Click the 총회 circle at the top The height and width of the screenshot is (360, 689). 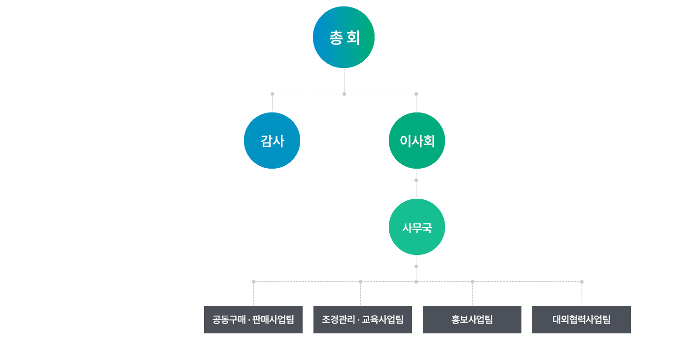[x=344, y=37]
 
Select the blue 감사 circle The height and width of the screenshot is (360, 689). [x=272, y=141]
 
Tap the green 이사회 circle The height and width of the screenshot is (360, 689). [x=416, y=141]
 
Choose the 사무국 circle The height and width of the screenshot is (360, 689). [x=416, y=227]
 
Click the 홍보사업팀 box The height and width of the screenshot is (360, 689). [x=472, y=320]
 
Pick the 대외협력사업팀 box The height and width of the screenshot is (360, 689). [x=581, y=320]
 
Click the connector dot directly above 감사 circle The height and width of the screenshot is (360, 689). [x=272, y=94]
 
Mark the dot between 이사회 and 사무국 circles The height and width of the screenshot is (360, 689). [x=416, y=180]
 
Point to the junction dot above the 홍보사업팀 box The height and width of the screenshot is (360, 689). [x=472, y=282]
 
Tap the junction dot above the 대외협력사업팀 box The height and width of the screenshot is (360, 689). [x=582, y=282]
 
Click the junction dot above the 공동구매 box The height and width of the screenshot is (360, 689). [x=253, y=282]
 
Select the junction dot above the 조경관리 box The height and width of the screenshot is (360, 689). [x=360, y=282]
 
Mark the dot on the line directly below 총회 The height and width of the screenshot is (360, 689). [x=344, y=94]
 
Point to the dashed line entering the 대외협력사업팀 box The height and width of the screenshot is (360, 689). [x=582, y=294]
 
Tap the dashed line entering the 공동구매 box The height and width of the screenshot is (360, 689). [x=253, y=294]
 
